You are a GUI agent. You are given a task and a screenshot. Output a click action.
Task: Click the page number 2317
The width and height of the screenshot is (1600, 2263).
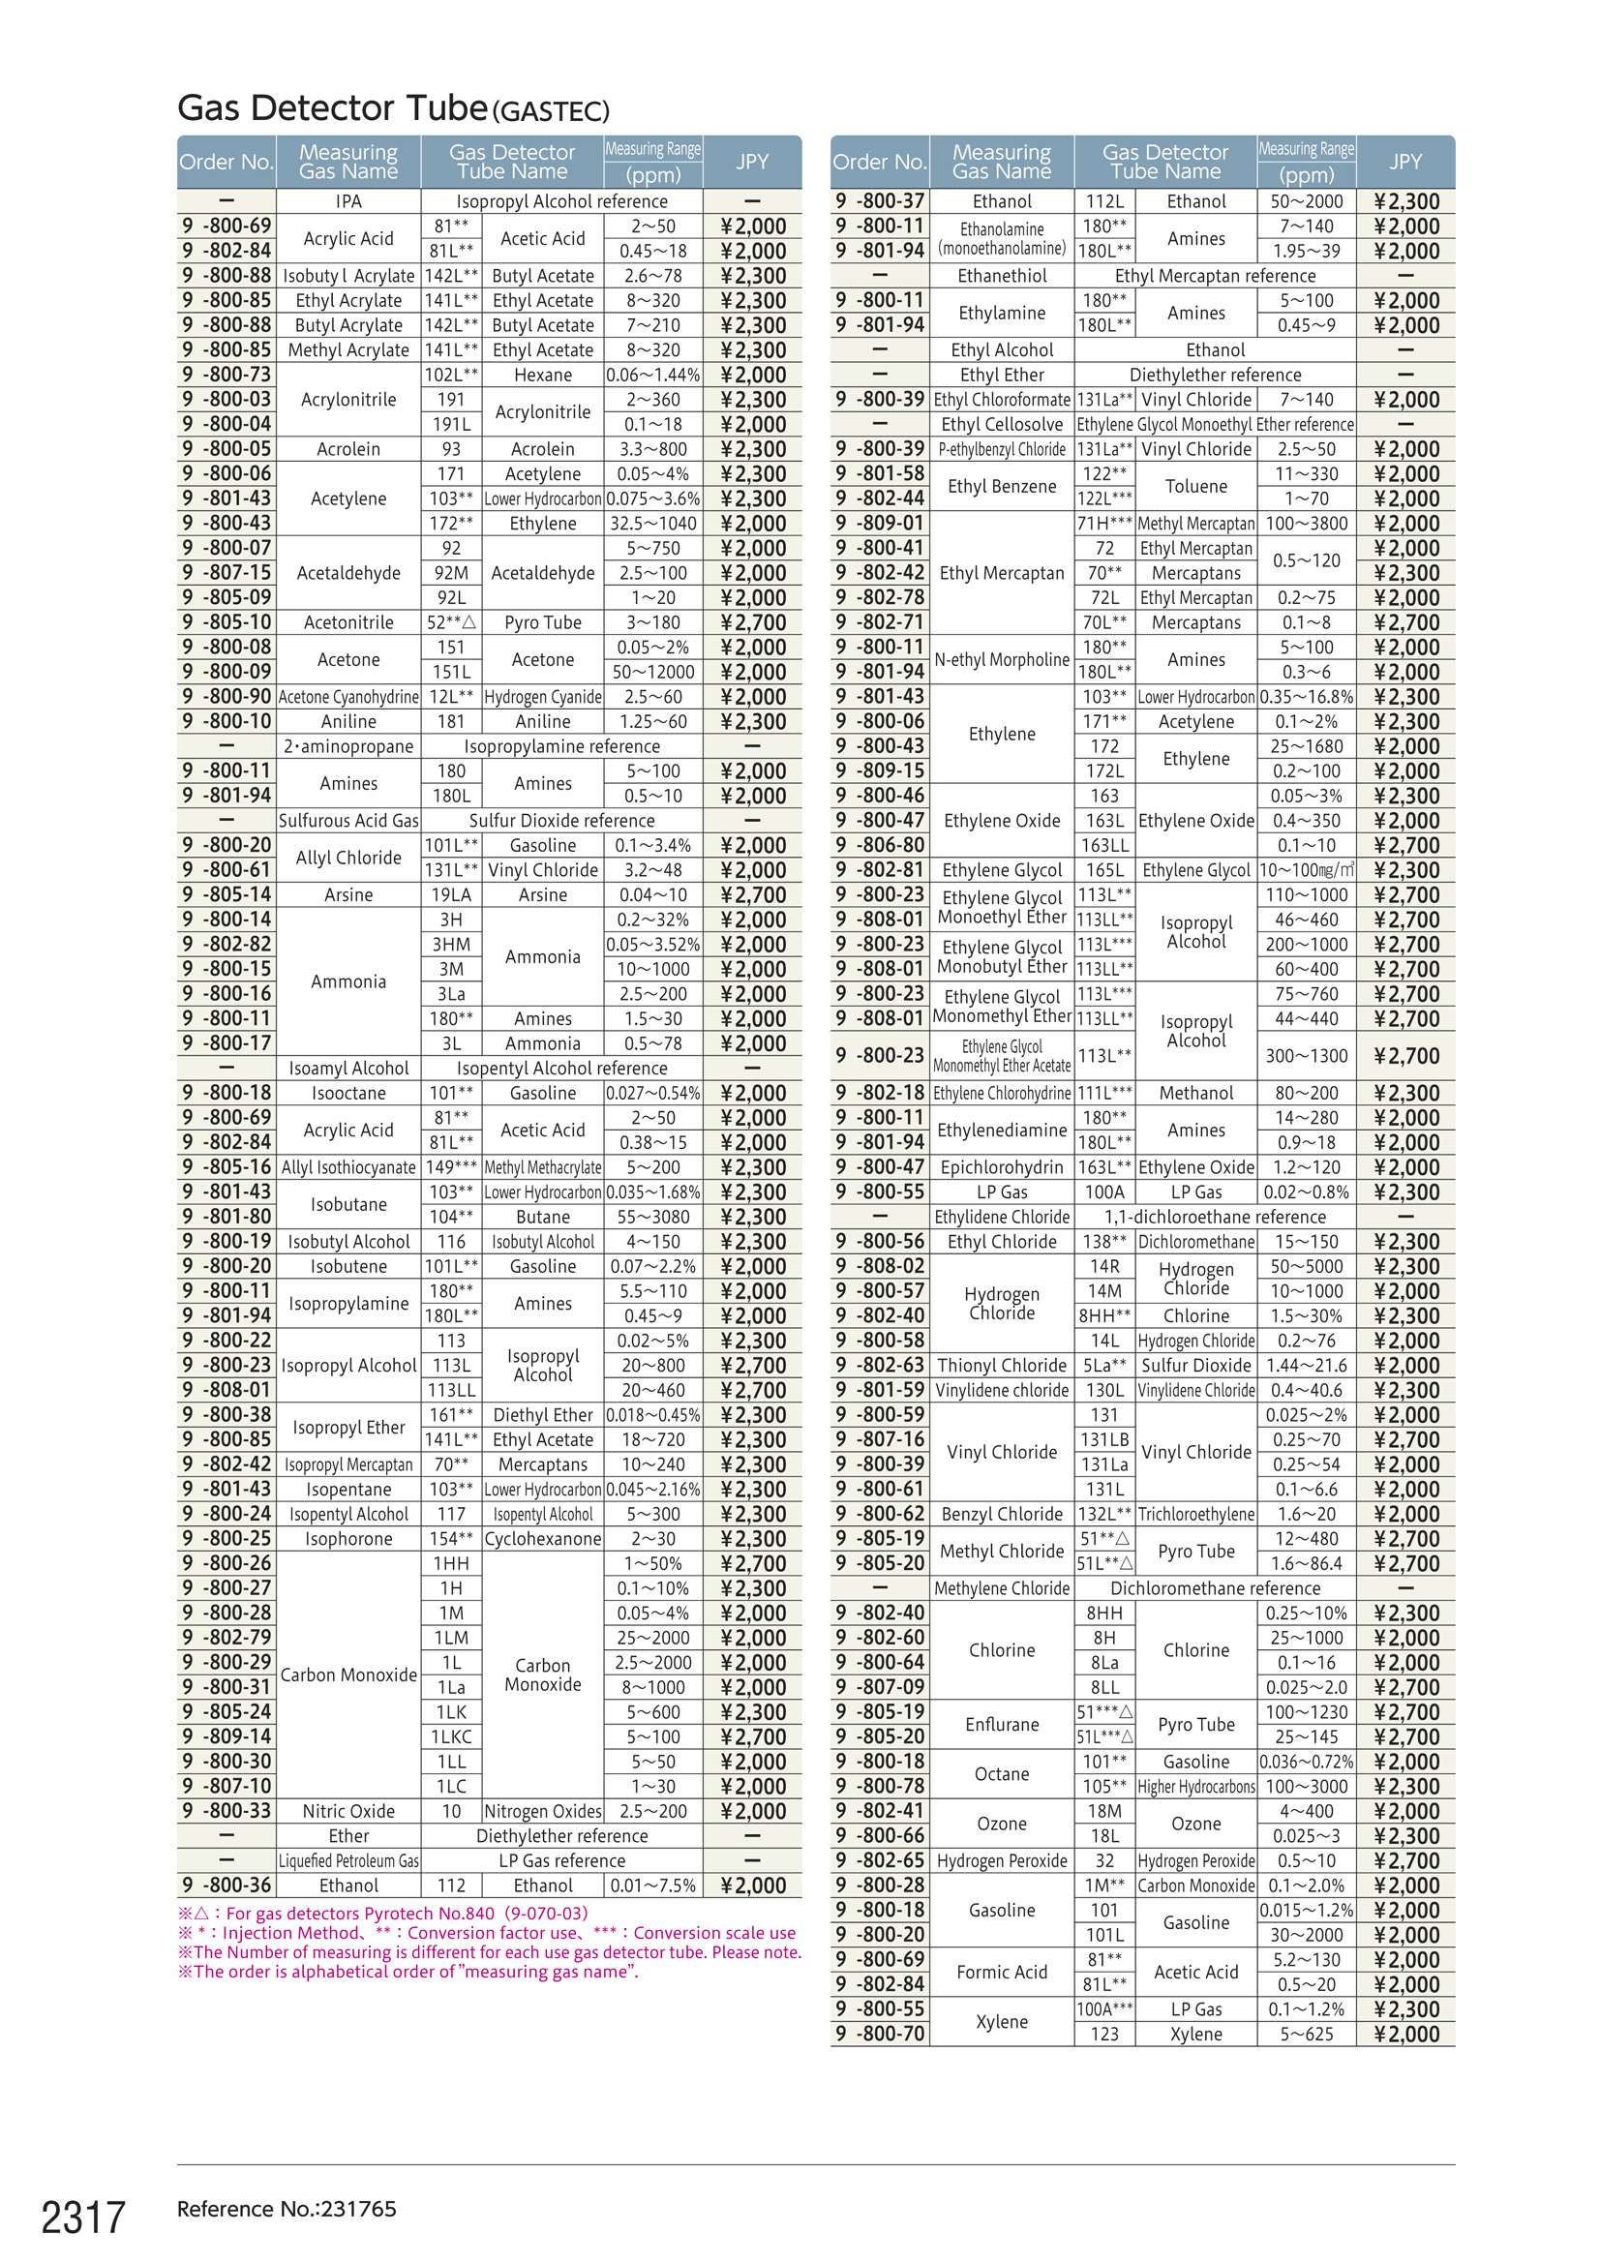pos(83,2217)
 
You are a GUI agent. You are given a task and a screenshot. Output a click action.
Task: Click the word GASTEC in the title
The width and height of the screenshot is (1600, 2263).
pos(550,111)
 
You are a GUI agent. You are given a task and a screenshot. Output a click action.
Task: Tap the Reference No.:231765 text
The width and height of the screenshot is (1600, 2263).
pos(286,2209)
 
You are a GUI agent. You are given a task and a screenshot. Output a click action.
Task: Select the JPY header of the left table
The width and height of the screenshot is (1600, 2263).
pos(751,162)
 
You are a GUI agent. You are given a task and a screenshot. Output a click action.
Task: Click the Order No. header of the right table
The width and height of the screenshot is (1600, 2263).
pos(878,162)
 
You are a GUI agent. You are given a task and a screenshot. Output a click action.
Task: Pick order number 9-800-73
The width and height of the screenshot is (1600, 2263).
pos(226,375)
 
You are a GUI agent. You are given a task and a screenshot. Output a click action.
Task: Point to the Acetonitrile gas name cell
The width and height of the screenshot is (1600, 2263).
pos(348,622)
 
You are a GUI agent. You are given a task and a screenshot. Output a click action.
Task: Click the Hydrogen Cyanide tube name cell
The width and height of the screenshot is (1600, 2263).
pos(542,697)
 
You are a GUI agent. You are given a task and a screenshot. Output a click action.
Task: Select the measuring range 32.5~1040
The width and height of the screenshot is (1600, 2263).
pos(652,524)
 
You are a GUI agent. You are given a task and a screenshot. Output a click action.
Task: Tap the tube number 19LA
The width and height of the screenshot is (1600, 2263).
pos(450,895)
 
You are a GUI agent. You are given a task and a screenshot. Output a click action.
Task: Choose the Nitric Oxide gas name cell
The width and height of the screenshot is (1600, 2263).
pos(348,1811)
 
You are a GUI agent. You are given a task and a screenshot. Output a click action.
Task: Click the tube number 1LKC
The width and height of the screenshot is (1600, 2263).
pos(450,1736)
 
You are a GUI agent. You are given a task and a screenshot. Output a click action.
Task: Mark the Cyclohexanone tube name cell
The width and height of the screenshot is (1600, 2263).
pos(542,1539)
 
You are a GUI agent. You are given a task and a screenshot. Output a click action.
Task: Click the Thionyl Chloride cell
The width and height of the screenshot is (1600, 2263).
pos(1002,1365)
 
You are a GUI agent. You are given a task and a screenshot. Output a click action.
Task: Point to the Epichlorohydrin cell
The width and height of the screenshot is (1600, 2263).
pos(1002,1167)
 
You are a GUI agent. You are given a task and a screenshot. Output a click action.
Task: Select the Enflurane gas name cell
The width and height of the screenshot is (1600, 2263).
pos(1002,1724)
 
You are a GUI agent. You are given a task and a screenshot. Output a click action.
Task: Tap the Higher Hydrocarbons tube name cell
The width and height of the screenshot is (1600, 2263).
pos(1195,1786)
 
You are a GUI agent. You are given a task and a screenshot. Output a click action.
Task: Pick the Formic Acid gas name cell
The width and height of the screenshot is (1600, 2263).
pos(1002,1972)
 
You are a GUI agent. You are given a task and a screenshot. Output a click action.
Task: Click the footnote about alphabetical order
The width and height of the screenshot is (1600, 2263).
pos(408,1972)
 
